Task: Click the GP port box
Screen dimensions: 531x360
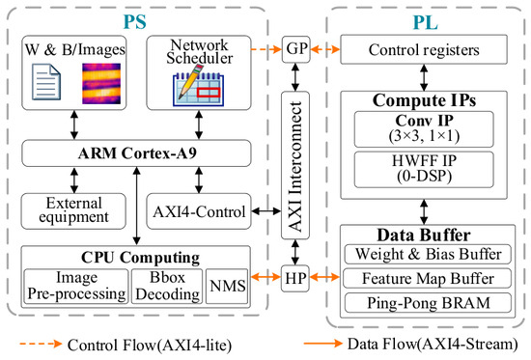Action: coord(296,49)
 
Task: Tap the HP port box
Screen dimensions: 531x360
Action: coord(295,278)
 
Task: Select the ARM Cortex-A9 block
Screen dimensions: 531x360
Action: coord(136,153)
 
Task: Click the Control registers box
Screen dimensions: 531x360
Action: coord(424,49)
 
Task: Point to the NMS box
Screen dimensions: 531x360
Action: coord(227,287)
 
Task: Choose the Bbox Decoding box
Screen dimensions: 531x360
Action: coord(167,287)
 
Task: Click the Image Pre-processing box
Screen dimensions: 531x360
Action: coord(76,287)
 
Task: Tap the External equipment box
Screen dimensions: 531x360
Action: coord(73,211)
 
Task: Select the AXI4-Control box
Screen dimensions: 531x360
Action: coord(199,211)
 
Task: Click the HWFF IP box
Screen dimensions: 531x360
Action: coord(424,169)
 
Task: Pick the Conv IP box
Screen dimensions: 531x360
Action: coord(424,129)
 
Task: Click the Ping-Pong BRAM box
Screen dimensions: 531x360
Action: coord(428,302)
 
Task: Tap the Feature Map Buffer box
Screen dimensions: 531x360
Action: coord(427,278)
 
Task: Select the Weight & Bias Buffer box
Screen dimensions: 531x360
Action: coord(428,254)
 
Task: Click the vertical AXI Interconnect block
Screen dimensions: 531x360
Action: coord(295,165)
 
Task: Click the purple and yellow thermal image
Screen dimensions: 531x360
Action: coord(101,83)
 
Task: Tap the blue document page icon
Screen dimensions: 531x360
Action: coord(46,82)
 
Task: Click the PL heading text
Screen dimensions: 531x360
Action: coord(426,23)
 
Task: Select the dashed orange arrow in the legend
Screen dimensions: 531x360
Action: coord(41,345)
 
